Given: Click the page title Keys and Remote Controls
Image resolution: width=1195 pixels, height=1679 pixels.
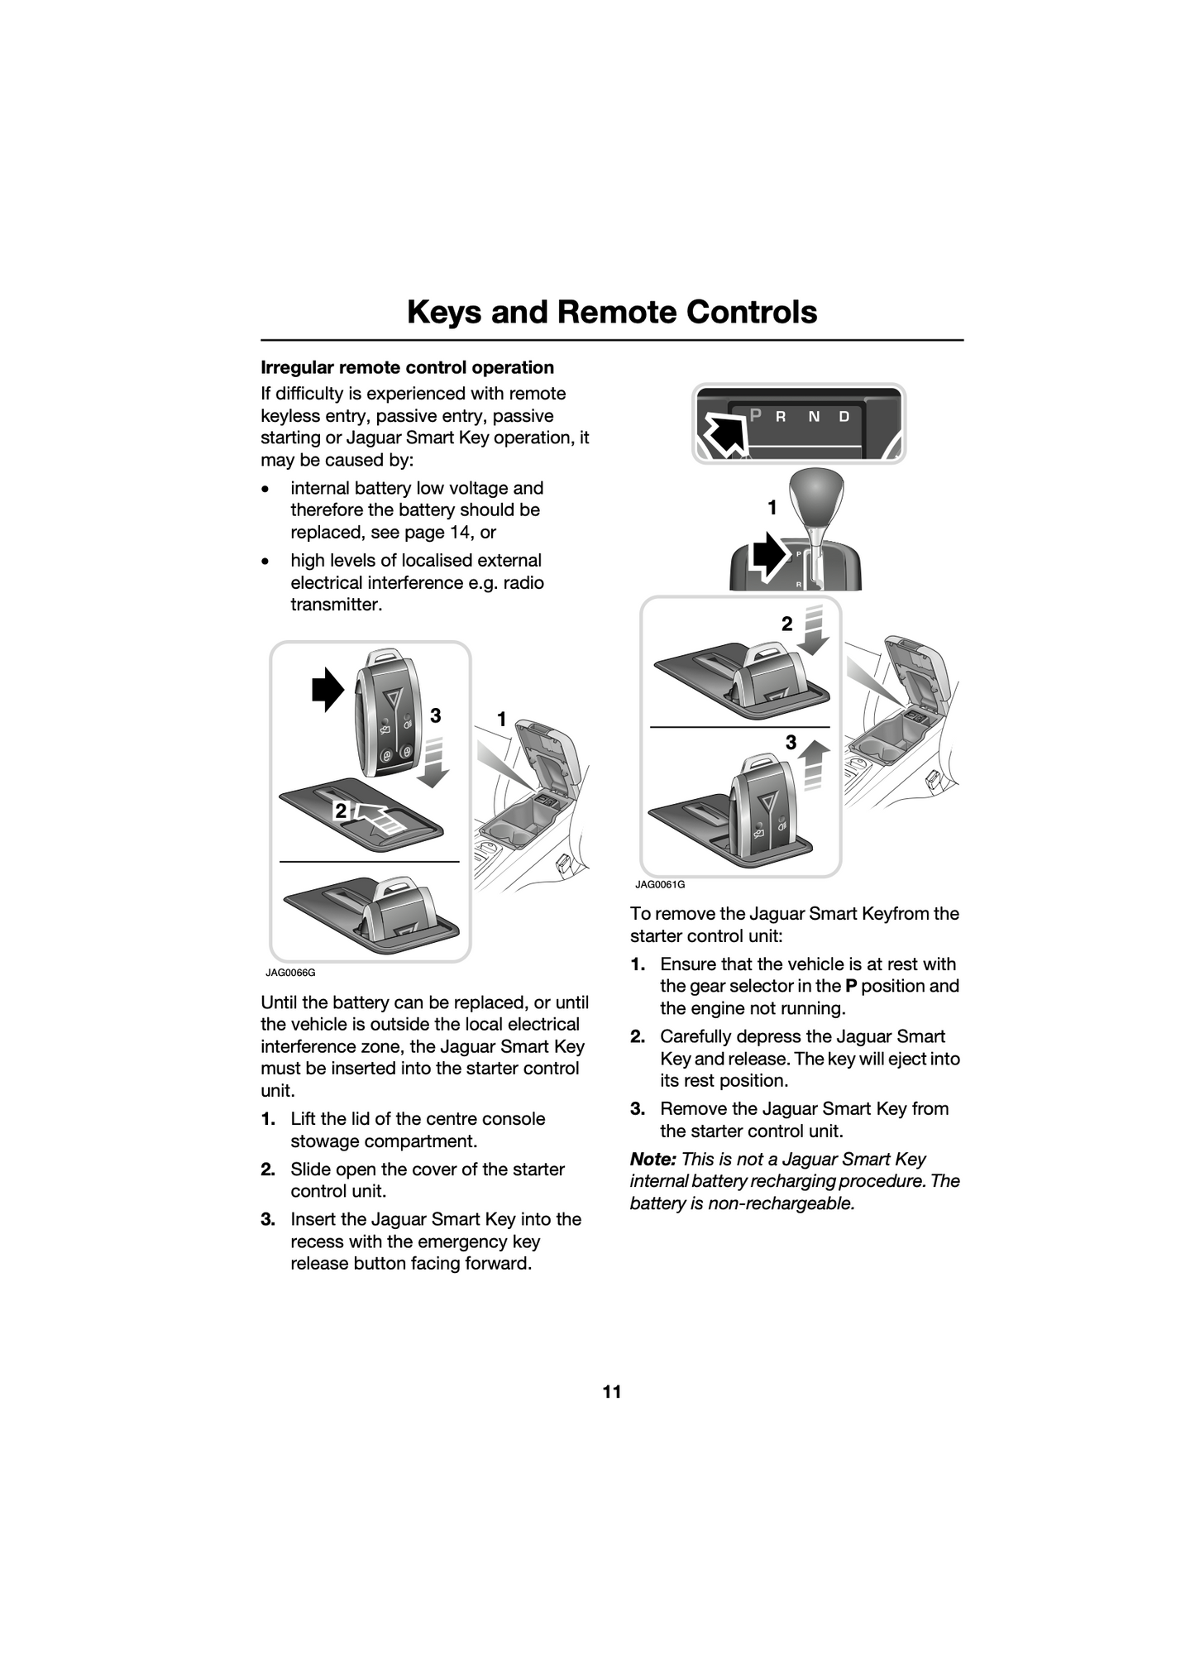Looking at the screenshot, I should (612, 312).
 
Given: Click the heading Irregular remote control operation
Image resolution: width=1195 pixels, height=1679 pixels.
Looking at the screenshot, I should (407, 367).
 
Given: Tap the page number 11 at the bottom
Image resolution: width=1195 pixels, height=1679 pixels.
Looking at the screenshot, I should (611, 1392).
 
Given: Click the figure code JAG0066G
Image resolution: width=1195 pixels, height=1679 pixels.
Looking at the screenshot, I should (290, 973).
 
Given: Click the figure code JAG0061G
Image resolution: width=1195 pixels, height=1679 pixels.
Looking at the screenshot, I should (660, 884).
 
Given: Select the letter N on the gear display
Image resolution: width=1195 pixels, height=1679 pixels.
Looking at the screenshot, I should (814, 416).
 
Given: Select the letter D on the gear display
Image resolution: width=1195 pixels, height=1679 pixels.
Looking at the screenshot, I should (844, 416).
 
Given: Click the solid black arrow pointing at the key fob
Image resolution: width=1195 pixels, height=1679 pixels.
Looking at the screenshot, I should (327, 689).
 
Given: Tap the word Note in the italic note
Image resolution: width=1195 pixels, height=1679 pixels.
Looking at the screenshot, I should (652, 1160).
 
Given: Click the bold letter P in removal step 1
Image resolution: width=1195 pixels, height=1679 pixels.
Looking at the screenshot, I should (850, 986).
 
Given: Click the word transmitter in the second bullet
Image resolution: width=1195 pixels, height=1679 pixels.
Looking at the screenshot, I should (337, 605).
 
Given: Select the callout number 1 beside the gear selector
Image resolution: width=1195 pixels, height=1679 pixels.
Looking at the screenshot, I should (772, 508).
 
